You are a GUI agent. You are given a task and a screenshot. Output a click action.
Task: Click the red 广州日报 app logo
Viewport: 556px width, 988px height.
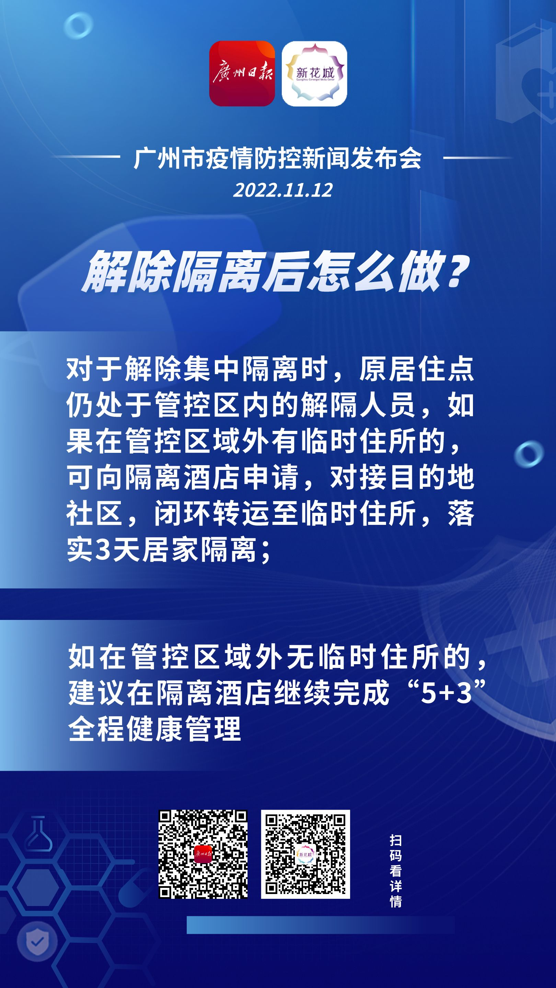tap(242, 73)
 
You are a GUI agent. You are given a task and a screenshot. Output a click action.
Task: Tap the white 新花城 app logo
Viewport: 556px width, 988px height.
tap(314, 73)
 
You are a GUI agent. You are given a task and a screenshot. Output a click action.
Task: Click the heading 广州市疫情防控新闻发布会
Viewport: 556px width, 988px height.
tap(278, 158)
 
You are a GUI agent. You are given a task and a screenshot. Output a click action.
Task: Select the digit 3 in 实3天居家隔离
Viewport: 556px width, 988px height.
tap(103, 550)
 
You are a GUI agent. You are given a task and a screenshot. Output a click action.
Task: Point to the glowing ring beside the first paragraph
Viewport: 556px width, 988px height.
tap(529, 455)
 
